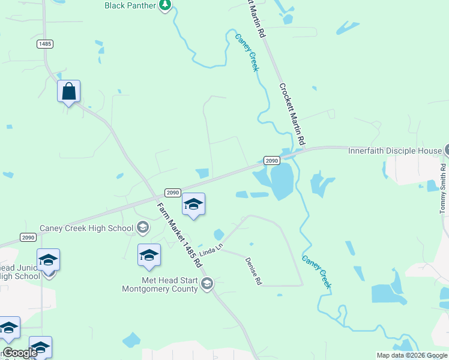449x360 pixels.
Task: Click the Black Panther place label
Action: click(x=130, y=5)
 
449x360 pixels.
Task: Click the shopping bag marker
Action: click(x=69, y=92)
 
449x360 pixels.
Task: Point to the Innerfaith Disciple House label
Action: click(x=394, y=151)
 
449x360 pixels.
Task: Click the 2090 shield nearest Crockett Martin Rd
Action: click(x=271, y=161)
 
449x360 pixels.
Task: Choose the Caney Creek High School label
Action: click(x=86, y=228)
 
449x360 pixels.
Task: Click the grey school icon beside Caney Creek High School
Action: click(x=143, y=227)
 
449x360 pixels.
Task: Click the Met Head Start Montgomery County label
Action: click(x=160, y=284)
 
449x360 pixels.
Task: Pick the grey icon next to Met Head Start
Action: click(x=207, y=284)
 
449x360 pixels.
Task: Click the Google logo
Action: click(x=20, y=353)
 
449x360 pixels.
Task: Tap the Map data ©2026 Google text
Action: click(x=412, y=355)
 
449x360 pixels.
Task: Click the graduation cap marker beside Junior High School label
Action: click(x=48, y=260)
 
